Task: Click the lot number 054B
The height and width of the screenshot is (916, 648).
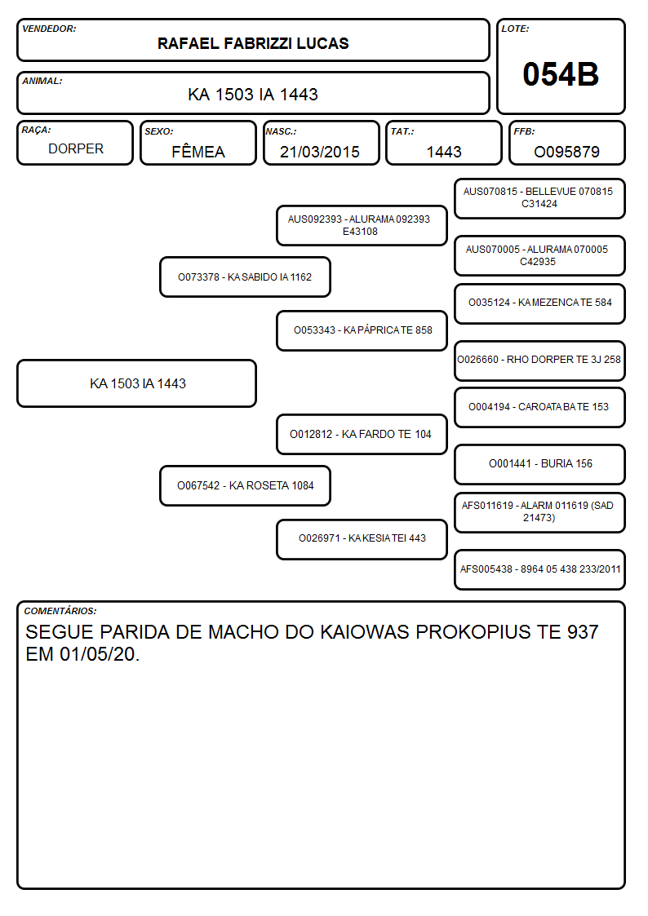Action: (x=561, y=74)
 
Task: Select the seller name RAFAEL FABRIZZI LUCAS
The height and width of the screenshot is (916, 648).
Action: (x=253, y=43)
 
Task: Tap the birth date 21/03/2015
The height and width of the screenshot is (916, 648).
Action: (x=320, y=152)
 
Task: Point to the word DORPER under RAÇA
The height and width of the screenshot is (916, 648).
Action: (x=76, y=149)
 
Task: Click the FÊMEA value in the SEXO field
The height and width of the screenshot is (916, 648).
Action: (x=198, y=151)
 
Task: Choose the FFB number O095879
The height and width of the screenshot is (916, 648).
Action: (x=566, y=152)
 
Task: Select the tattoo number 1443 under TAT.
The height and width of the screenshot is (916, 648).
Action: (x=444, y=152)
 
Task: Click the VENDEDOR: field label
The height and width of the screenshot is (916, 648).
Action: (x=49, y=29)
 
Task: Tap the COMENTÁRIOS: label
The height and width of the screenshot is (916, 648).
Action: (x=60, y=611)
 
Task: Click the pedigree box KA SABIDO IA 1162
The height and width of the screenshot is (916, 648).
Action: (x=245, y=277)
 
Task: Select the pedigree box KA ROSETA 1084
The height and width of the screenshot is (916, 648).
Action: (x=245, y=485)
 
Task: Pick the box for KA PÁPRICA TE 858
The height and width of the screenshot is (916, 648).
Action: (x=362, y=330)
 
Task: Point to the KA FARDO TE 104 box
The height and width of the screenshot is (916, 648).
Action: (x=362, y=434)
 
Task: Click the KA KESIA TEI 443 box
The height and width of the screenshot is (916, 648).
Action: (x=362, y=539)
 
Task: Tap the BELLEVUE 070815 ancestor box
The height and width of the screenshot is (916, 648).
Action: (x=539, y=199)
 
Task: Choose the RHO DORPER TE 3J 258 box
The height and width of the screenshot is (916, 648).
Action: (x=539, y=361)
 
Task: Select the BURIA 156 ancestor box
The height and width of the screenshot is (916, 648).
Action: (x=539, y=464)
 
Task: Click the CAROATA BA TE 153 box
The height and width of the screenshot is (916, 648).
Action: (x=539, y=407)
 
